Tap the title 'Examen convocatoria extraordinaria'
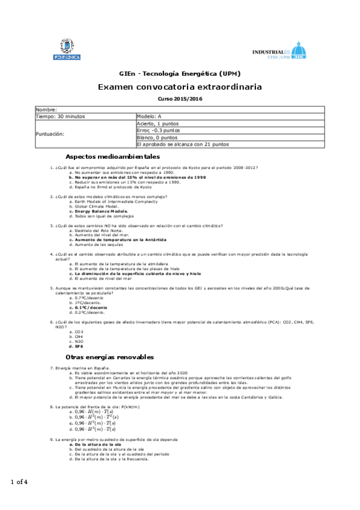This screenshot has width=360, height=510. (x=180, y=87)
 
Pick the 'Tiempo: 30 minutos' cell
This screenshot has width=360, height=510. (x=61, y=115)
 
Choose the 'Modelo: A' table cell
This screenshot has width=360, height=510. (x=150, y=115)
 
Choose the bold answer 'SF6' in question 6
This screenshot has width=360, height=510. (x=78, y=346)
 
